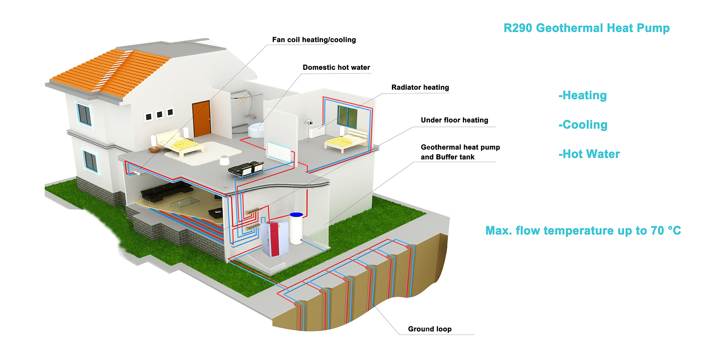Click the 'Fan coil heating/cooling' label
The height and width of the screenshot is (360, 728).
(x=314, y=40)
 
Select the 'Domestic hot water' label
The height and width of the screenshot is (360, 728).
(x=336, y=67)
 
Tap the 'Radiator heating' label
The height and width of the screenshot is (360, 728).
(x=420, y=88)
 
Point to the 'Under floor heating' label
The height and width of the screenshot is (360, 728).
(x=455, y=120)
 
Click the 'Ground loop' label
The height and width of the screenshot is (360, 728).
(x=430, y=329)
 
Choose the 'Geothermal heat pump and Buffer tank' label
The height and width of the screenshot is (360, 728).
(x=460, y=152)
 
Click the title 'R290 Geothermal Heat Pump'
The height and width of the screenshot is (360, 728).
(x=587, y=28)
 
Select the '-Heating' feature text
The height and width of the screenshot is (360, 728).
(x=583, y=95)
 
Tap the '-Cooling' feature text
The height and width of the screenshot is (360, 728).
(x=583, y=125)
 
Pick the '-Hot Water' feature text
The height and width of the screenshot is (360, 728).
(x=589, y=154)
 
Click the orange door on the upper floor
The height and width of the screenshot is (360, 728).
(x=201, y=119)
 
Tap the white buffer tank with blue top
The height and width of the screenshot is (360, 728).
(x=296, y=228)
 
